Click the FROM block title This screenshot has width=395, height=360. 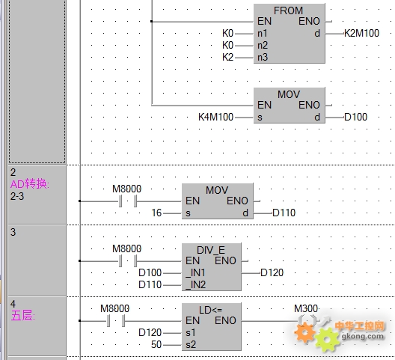(288, 10)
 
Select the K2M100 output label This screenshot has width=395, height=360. (361, 33)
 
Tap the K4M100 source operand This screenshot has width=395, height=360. (216, 117)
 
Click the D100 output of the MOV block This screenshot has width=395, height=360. (355, 117)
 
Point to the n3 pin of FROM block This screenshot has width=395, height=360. (263, 58)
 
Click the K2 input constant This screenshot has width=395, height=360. (227, 58)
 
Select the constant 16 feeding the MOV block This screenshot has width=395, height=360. (156, 213)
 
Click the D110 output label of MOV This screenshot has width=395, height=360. (284, 213)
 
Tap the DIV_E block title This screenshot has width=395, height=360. (211, 250)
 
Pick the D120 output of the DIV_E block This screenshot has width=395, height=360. (272, 272)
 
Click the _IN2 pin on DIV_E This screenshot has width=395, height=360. (196, 285)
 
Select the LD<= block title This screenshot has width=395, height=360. (211, 310)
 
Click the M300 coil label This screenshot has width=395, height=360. (306, 308)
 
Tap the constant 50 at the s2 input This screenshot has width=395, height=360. (156, 344)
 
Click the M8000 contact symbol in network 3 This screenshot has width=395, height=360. (128, 261)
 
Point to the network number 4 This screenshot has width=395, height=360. (13, 304)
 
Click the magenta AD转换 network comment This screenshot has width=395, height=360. (30, 184)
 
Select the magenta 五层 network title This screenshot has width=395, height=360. (22, 316)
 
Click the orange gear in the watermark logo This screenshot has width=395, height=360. (304, 332)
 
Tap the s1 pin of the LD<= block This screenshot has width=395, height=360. (191, 333)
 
